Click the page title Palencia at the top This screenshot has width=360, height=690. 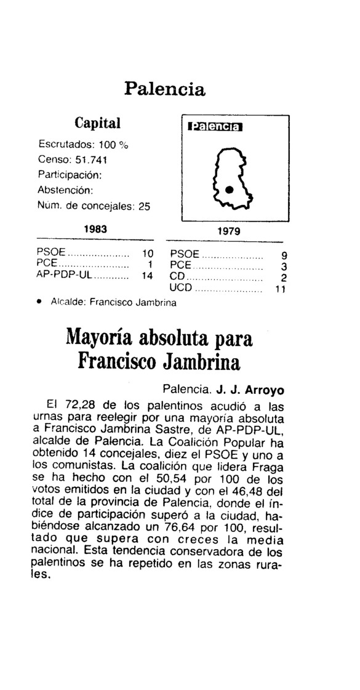point(164,88)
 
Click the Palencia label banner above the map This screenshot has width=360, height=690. point(221,127)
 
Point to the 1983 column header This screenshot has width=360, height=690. point(95,228)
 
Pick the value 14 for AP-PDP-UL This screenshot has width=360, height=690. point(146,276)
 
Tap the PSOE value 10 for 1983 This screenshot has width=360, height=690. point(146,252)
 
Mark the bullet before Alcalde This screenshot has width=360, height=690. point(39,302)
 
